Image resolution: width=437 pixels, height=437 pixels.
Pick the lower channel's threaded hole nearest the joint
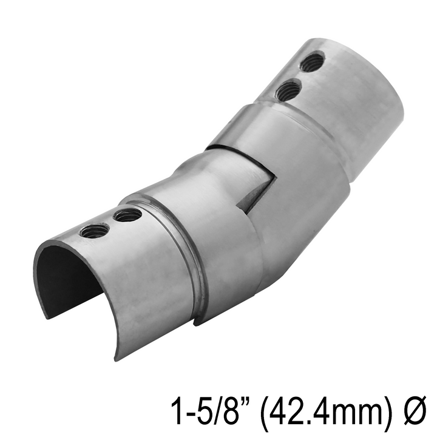(x=127, y=215)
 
